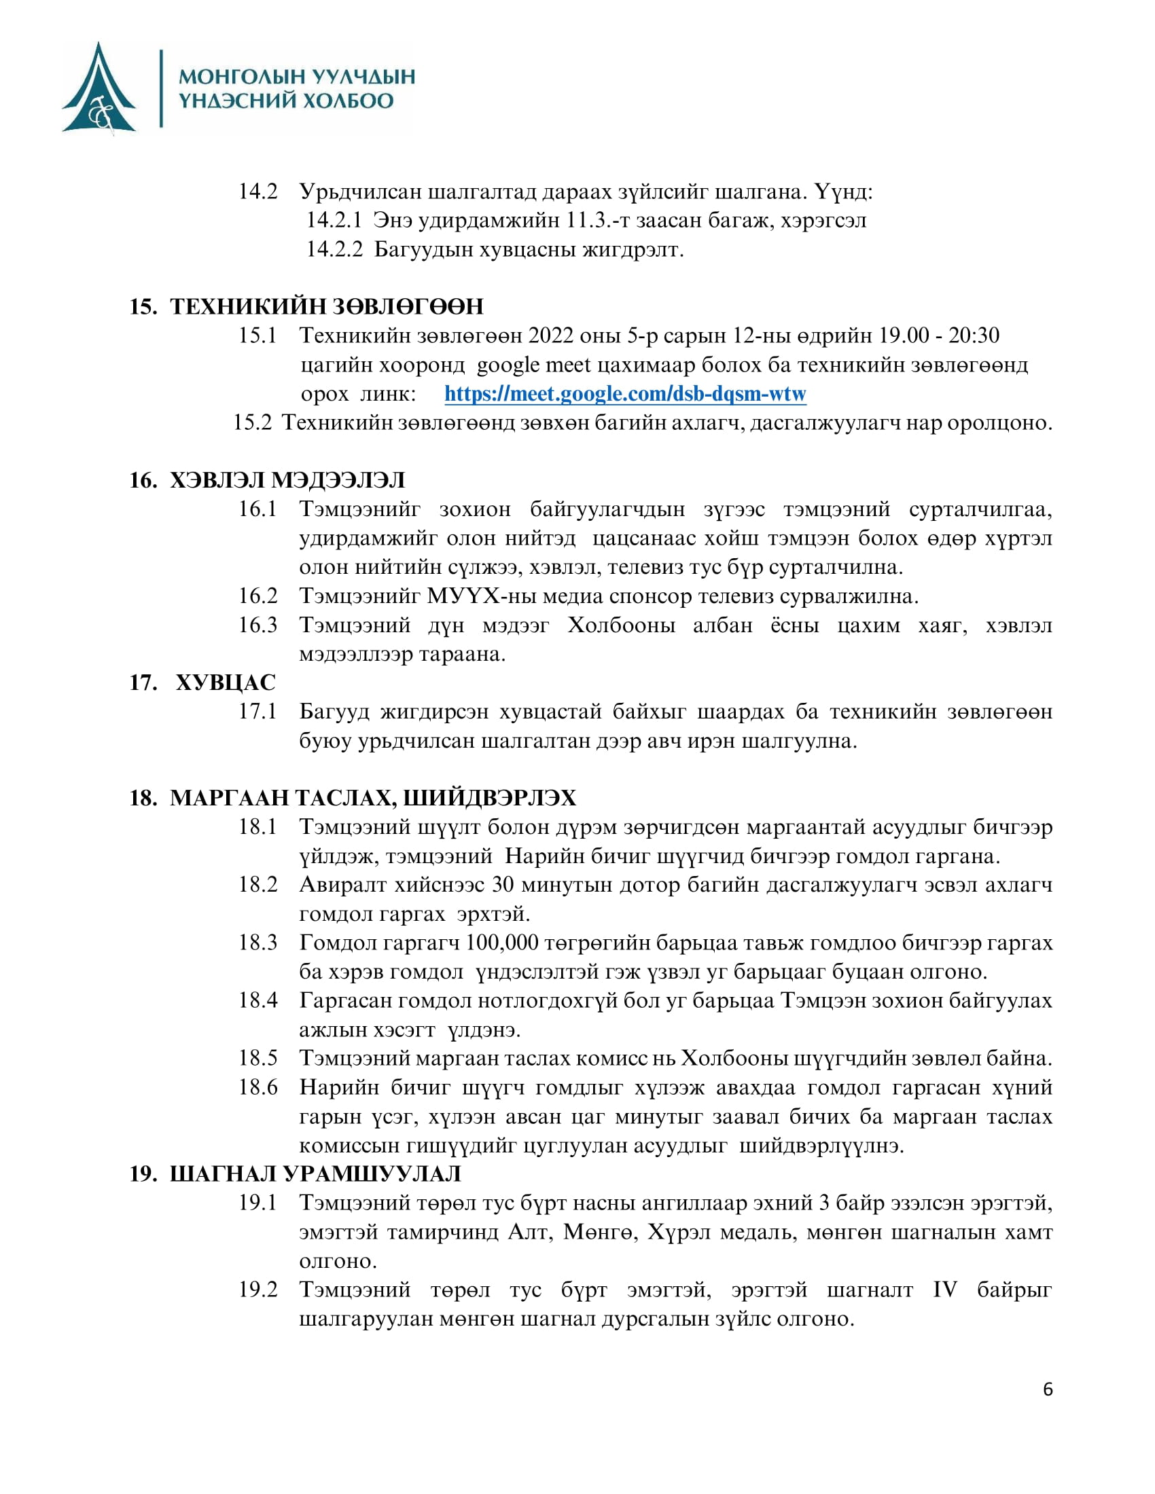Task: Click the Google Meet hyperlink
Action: (x=624, y=394)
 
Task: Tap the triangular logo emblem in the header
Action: (x=99, y=89)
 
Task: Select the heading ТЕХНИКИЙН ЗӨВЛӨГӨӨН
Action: (x=326, y=306)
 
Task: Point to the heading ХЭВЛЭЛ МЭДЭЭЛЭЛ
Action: (x=287, y=480)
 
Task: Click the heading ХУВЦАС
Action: (x=225, y=682)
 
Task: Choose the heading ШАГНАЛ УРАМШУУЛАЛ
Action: (x=315, y=1174)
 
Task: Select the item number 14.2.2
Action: (x=334, y=250)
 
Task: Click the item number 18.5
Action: (x=257, y=1058)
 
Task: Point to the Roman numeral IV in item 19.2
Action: (x=945, y=1290)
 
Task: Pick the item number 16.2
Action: (x=257, y=596)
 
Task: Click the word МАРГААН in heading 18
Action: (x=229, y=798)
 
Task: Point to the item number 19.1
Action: (x=257, y=1203)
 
